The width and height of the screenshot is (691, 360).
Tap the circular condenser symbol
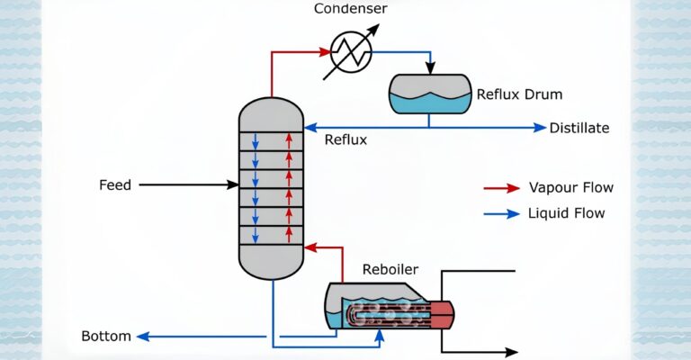click(x=351, y=51)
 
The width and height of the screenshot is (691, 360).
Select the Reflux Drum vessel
click(x=429, y=94)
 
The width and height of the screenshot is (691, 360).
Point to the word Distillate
click(x=579, y=128)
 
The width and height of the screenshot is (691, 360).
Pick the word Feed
click(x=115, y=185)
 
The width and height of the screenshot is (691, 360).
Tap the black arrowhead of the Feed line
click(x=232, y=185)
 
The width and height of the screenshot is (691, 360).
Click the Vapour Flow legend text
click(x=570, y=188)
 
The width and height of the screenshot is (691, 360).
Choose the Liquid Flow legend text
click(x=567, y=213)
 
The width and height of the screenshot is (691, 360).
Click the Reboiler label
click(x=390, y=269)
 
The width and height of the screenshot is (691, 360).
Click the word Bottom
click(x=106, y=337)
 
